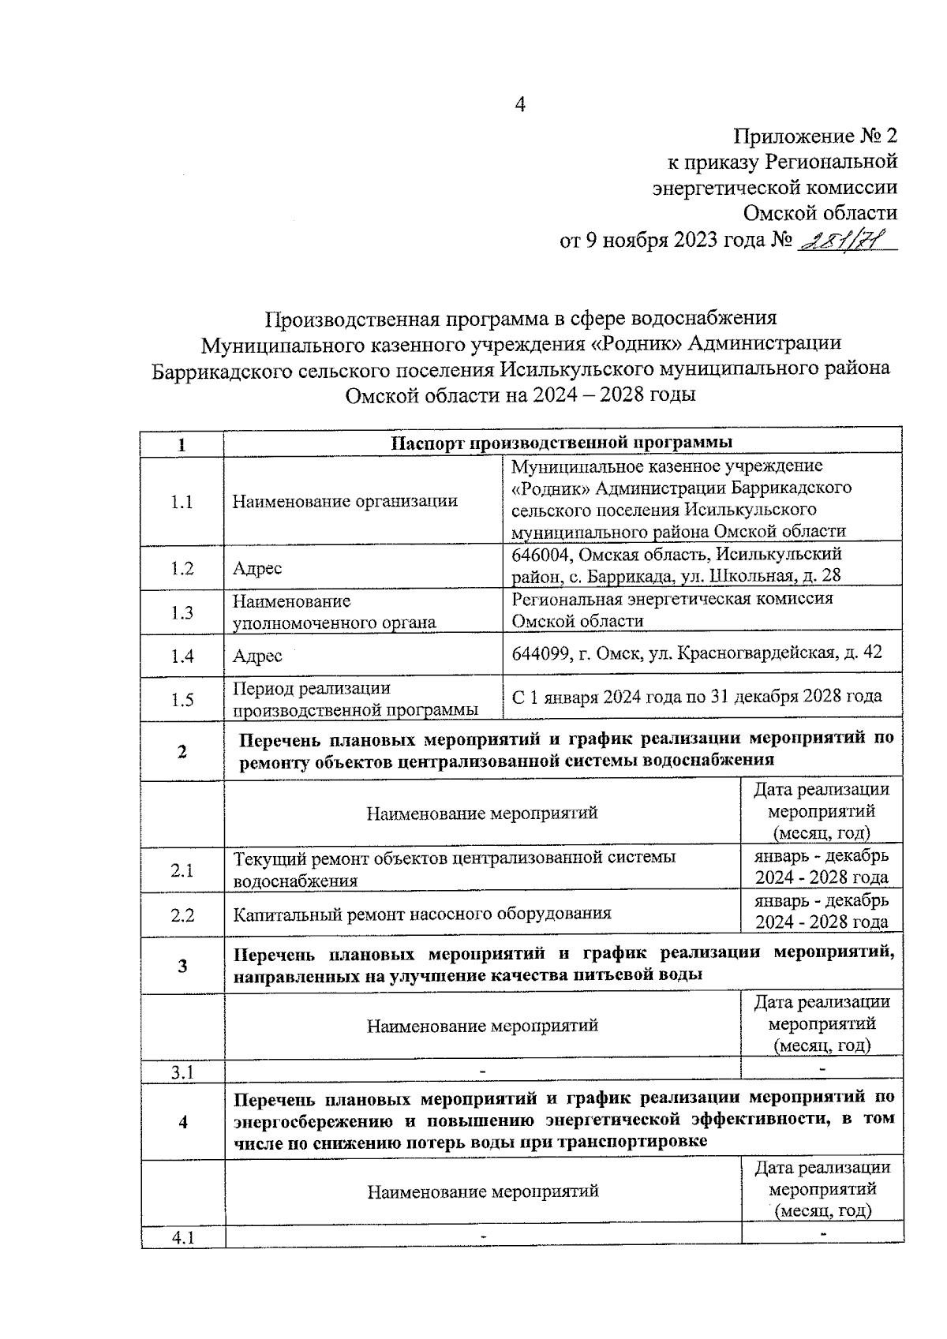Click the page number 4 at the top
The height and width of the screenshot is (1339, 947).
point(519,106)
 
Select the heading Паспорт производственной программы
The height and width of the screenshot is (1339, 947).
point(562,442)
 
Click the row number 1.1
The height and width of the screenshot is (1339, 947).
point(182,502)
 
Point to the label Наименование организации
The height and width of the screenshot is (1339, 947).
point(345,501)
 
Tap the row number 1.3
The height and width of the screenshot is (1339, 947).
point(182,612)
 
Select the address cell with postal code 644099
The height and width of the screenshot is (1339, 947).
point(697,653)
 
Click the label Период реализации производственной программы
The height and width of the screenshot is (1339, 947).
point(355,699)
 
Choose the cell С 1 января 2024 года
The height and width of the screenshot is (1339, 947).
point(697,697)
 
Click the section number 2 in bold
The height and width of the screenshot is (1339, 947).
point(182,751)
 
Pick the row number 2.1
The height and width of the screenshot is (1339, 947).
point(182,871)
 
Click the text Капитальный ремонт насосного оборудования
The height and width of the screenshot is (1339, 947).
point(422,914)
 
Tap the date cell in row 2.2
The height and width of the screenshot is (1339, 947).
point(821,911)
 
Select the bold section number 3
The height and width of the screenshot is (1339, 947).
point(183,966)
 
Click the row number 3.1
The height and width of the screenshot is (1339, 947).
point(182,1072)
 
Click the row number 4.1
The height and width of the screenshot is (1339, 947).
point(183,1238)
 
